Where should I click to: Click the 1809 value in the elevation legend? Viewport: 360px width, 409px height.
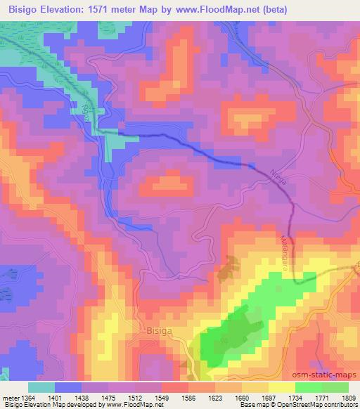[347, 398]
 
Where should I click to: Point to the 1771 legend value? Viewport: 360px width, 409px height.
[321, 398]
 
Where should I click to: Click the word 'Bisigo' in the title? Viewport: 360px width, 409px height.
[23, 8]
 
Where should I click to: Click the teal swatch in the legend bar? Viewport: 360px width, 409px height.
[41, 387]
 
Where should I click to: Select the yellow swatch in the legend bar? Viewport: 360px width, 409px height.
[282, 387]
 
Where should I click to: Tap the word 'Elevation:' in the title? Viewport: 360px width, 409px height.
[73, 8]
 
